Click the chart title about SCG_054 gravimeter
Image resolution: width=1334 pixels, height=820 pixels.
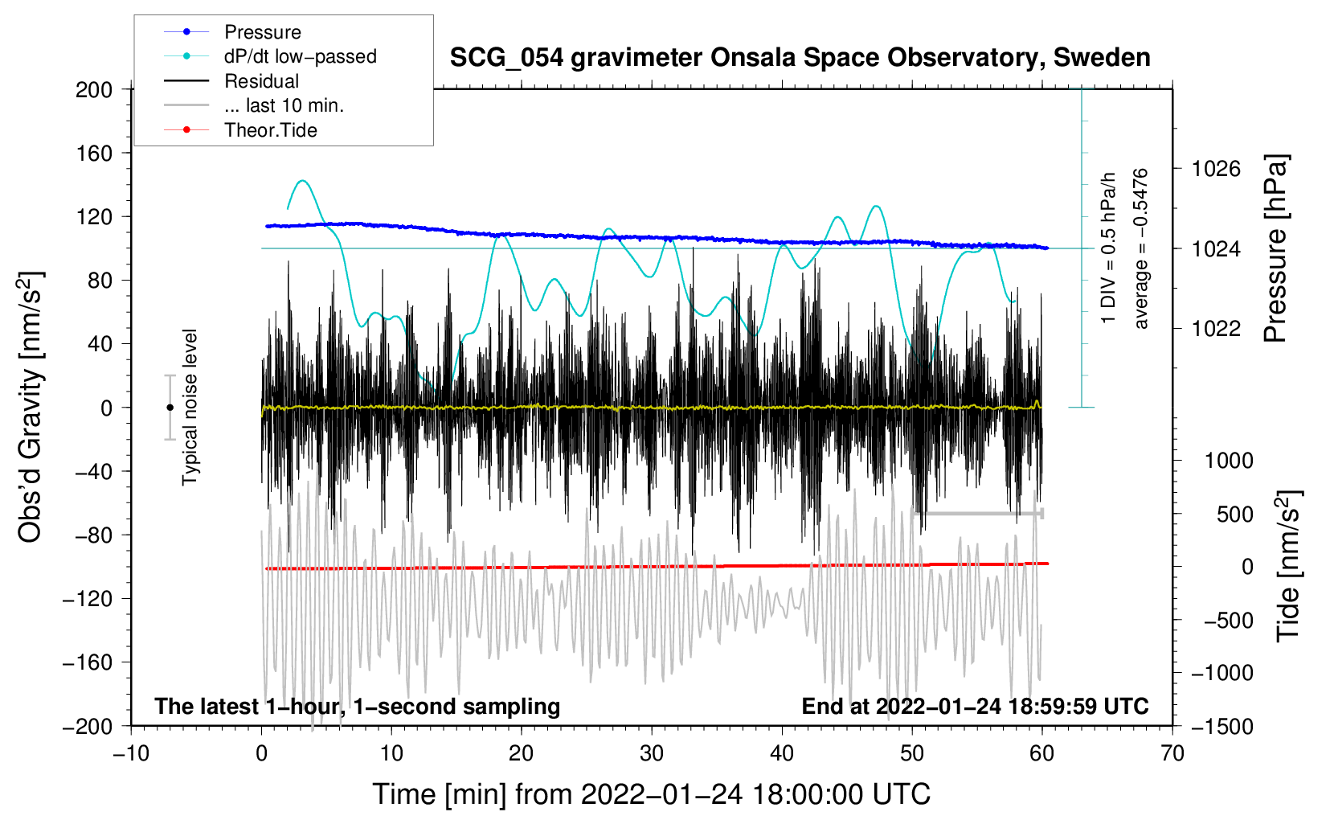tap(800, 58)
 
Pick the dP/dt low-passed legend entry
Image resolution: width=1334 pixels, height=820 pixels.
tap(300, 56)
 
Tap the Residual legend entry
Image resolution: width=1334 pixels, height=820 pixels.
tap(261, 81)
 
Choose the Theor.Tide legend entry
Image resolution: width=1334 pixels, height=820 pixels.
tap(270, 130)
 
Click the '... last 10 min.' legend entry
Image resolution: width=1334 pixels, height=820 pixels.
tap(284, 105)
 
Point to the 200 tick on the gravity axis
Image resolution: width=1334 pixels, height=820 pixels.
tap(94, 89)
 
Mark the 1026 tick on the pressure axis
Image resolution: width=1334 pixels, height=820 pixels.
tap(1216, 169)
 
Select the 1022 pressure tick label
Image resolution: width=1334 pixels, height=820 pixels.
tap(1216, 328)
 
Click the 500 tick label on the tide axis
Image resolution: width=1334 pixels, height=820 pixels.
tap(1234, 514)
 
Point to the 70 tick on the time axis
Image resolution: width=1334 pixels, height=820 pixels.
tap(1172, 753)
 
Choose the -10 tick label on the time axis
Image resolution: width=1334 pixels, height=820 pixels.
tap(131, 753)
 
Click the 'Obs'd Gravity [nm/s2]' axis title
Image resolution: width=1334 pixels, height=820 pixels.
tap(31, 408)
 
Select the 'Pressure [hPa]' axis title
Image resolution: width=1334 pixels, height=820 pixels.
tap(1275, 248)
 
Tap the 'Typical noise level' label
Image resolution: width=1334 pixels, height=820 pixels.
tap(190, 408)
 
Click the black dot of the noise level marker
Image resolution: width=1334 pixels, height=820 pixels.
tap(170, 408)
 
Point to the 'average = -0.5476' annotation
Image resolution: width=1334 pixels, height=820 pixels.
tap(1141, 248)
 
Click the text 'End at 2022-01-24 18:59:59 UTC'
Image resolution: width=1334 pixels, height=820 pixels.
tap(975, 706)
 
